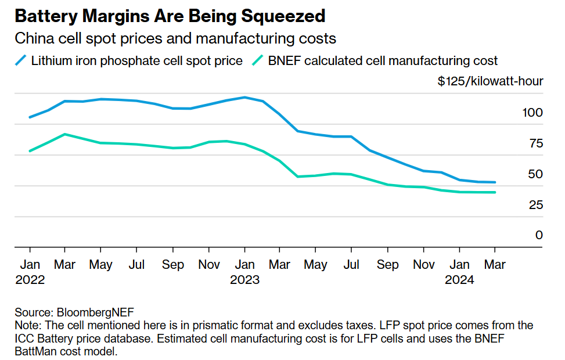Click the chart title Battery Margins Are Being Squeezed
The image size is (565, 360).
(170, 16)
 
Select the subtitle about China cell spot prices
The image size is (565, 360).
(175, 39)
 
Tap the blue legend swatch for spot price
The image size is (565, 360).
(20, 60)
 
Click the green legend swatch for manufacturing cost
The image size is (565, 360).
(257, 60)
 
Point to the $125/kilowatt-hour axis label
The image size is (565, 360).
(490, 81)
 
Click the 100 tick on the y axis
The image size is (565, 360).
(532, 112)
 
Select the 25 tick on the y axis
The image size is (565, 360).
(536, 204)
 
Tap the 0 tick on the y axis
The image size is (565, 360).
(539, 235)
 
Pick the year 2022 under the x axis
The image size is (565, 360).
(30, 280)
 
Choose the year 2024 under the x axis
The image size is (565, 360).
(459, 280)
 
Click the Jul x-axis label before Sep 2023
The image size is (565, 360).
(351, 265)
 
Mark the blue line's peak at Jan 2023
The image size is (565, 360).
(244, 97)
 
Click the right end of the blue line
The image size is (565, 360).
(495, 182)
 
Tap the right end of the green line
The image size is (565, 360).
(495, 192)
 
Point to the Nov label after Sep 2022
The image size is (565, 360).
(209, 265)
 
